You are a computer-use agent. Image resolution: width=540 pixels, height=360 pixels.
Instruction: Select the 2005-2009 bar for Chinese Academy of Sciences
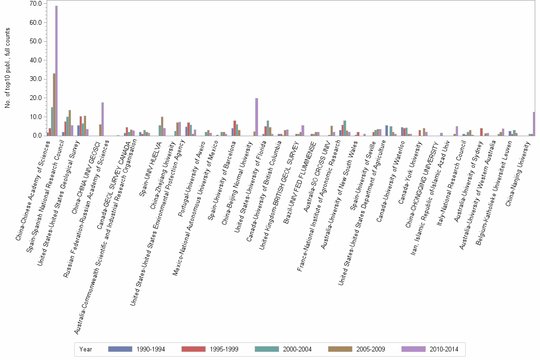coord(54,104)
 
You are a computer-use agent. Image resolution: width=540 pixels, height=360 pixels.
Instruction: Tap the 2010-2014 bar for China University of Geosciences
coord(102,119)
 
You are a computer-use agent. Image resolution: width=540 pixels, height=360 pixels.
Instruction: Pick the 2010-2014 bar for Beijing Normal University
coord(257,117)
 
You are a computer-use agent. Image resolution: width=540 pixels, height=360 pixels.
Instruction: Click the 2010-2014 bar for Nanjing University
coord(534,124)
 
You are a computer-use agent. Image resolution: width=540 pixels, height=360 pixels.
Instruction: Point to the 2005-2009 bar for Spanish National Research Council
coord(70,123)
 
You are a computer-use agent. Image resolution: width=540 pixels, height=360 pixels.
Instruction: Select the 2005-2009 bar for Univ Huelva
coord(162,126)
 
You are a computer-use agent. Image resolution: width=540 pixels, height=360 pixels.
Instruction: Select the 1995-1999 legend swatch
coord(194,350)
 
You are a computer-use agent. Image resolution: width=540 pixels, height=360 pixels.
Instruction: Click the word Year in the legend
coord(86,350)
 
